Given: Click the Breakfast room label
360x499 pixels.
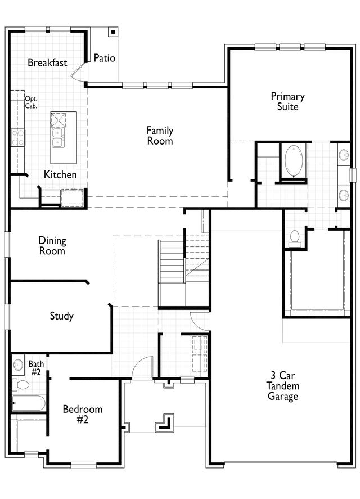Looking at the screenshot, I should (47, 62).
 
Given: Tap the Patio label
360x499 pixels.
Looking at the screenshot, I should (105, 57).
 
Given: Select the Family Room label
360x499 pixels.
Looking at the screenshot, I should (160, 136).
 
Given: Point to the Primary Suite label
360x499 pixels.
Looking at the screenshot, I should (287, 101).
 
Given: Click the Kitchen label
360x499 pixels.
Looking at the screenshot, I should (60, 175).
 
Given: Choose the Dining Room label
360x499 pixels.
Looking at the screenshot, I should (52, 246).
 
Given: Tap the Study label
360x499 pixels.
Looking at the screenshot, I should (61, 316).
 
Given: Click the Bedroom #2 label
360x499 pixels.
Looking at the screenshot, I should (83, 414).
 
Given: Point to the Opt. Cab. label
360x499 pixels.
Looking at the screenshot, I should (31, 102).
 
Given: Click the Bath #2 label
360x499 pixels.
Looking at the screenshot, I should (36, 368).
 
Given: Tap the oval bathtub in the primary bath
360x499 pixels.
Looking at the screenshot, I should (294, 161).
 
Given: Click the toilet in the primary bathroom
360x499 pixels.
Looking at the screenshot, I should (293, 238).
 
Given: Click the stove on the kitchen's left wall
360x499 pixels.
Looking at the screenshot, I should (17, 137).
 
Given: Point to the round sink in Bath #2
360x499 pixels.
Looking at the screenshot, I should (18, 365).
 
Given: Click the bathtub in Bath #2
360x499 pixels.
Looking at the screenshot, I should (29, 403).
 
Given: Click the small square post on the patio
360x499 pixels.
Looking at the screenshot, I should (112, 33).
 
